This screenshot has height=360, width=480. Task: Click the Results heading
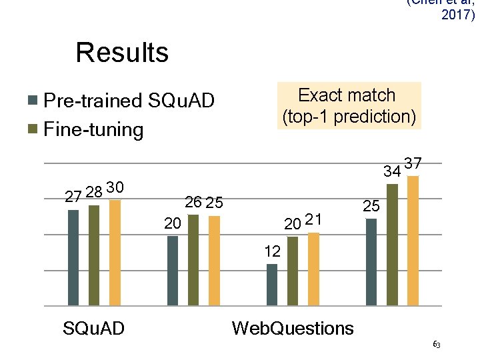point(122,52)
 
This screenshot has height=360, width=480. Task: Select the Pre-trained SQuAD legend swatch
point(32,101)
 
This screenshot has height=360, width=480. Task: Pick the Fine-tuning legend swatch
point(32,129)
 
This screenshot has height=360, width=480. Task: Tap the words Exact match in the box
point(347,95)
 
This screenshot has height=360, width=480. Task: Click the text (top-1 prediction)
point(350,117)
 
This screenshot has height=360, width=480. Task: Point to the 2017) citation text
point(458,14)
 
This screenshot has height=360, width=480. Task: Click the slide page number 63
point(436,344)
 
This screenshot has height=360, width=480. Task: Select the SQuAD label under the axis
point(93,328)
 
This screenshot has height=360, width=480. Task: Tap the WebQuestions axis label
point(292,328)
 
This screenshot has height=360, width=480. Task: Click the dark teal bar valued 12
point(271,285)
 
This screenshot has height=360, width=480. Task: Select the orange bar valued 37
point(413,241)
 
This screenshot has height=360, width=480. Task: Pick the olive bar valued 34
point(392,245)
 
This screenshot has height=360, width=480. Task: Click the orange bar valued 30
point(115,253)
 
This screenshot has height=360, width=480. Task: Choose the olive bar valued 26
point(193,260)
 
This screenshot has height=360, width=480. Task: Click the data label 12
point(272,252)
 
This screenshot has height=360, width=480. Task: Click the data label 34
point(391,171)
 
